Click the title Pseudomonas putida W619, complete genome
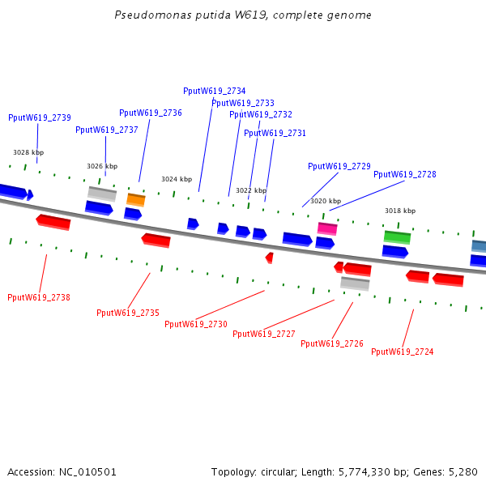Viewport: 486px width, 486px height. (x=243, y=15)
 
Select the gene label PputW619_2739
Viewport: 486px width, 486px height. (x=40, y=117)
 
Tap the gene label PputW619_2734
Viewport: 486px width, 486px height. (x=215, y=92)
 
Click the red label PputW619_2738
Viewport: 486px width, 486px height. (x=39, y=297)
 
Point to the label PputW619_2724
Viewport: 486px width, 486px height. (x=403, y=352)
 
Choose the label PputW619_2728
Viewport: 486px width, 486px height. (x=405, y=174)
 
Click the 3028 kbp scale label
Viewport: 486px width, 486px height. (x=28, y=152)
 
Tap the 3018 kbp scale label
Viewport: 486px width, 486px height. (x=400, y=211)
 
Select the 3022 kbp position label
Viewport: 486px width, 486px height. (x=251, y=190)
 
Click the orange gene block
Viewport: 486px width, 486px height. (x=136, y=199)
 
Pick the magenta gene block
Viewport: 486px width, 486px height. (x=327, y=228)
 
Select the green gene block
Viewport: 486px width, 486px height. (x=397, y=237)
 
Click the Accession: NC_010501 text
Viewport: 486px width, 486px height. (x=62, y=471)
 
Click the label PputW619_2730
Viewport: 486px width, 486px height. (x=196, y=324)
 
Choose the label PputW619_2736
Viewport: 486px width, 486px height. (x=151, y=113)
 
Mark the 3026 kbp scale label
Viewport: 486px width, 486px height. (x=102, y=166)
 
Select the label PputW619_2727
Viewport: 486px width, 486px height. (x=264, y=334)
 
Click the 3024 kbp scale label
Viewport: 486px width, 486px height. (x=177, y=179)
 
